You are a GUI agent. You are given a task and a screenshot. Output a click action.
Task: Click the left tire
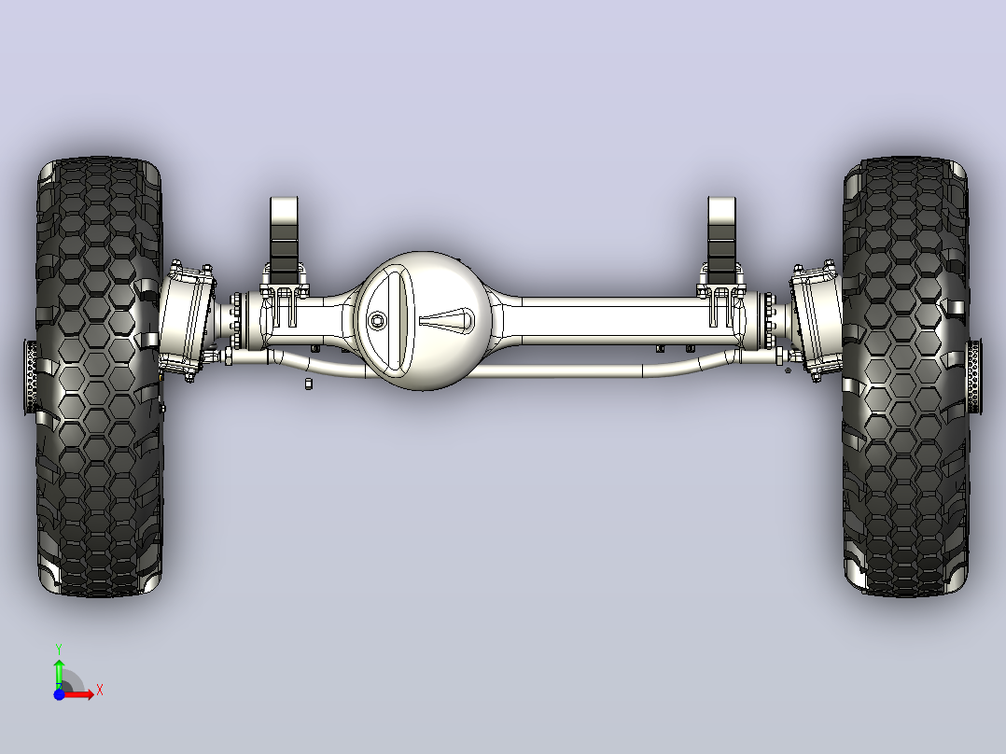click(99, 377)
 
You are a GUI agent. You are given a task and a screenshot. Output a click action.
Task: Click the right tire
click(905, 377)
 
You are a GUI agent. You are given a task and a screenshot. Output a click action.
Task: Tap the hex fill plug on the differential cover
click(377, 320)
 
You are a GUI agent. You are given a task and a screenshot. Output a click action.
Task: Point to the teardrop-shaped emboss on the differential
click(447, 319)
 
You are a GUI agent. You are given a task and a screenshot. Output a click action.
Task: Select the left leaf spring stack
click(285, 241)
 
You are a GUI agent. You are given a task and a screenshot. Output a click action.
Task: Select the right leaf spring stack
click(721, 241)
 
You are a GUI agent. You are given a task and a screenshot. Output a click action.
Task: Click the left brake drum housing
click(186, 321)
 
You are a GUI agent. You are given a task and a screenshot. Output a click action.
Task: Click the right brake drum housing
click(816, 321)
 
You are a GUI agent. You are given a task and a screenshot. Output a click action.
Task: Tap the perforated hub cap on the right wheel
click(974, 377)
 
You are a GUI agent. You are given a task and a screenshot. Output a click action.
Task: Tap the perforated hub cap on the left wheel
click(30, 377)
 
